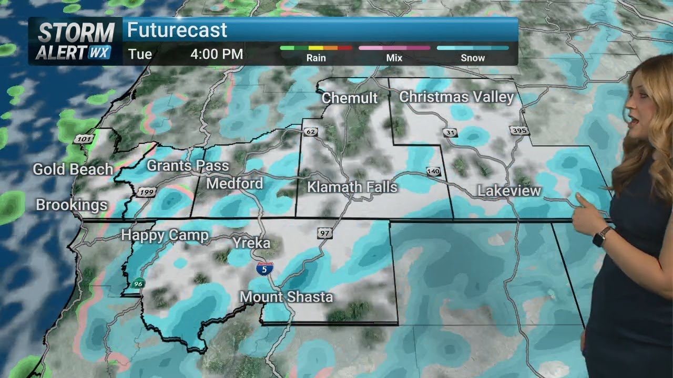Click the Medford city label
point(234,184)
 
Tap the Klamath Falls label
point(352,187)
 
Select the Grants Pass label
point(188,166)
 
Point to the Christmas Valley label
point(456,97)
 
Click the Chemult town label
point(350,98)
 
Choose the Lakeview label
point(509,191)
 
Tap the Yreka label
point(251,243)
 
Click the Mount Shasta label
point(286,297)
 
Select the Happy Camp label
point(165,235)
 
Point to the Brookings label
point(72,205)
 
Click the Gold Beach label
point(73,170)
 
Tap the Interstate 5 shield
point(264,269)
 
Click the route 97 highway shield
point(325,233)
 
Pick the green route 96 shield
point(138,282)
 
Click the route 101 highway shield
point(83,139)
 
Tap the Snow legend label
point(473,58)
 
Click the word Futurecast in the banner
point(177,30)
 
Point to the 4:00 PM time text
point(217,54)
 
